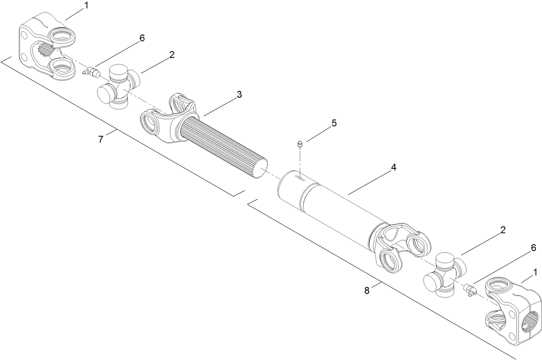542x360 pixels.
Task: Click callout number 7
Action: (x=101, y=140)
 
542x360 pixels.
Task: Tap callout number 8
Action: (x=367, y=291)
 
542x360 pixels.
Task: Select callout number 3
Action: (x=239, y=94)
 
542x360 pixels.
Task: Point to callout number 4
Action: (x=393, y=168)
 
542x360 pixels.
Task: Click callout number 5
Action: (x=334, y=123)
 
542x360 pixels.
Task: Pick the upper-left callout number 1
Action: (x=86, y=6)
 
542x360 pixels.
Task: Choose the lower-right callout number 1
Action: (x=535, y=272)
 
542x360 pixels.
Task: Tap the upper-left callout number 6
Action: (x=142, y=38)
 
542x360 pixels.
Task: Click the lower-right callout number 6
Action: (x=533, y=248)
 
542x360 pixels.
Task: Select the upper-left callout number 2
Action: (x=171, y=55)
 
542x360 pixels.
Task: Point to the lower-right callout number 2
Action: (x=502, y=230)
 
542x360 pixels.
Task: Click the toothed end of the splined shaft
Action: (x=261, y=168)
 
